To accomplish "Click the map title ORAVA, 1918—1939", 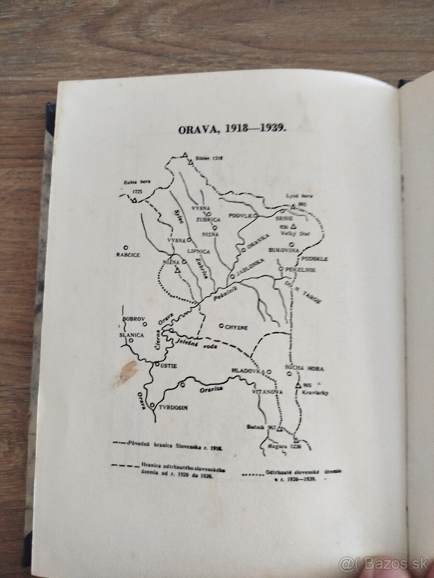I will (x=232, y=129).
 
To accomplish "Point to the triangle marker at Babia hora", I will (x=135, y=199).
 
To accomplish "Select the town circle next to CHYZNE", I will (x=221, y=326).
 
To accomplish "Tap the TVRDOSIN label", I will (x=172, y=407).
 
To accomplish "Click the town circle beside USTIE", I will (x=157, y=365).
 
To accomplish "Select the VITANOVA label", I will (x=267, y=392).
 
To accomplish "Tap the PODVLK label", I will (x=241, y=216).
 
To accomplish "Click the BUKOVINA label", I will (x=284, y=250).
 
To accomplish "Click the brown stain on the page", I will (x=126, y=372).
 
